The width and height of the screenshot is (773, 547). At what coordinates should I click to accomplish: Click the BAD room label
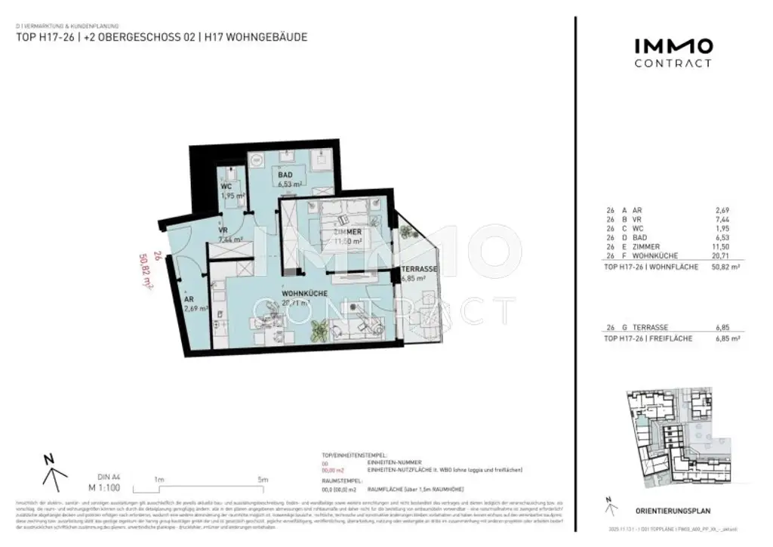point(285,175)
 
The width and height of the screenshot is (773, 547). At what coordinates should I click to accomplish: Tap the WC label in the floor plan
point(226,187)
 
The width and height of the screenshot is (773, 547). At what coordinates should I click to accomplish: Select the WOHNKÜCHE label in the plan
point(303,294)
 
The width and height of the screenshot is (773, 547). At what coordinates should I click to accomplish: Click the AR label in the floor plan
point(189,299)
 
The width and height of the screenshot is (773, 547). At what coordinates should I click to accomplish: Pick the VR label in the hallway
point(223,231)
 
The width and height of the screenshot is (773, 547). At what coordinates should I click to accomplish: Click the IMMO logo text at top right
point(672,47)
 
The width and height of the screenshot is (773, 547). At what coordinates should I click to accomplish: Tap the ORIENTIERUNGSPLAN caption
point(673,511)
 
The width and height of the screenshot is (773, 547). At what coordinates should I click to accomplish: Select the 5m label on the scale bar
point(262,479)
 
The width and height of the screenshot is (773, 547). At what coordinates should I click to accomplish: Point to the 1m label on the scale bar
point(159,479)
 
